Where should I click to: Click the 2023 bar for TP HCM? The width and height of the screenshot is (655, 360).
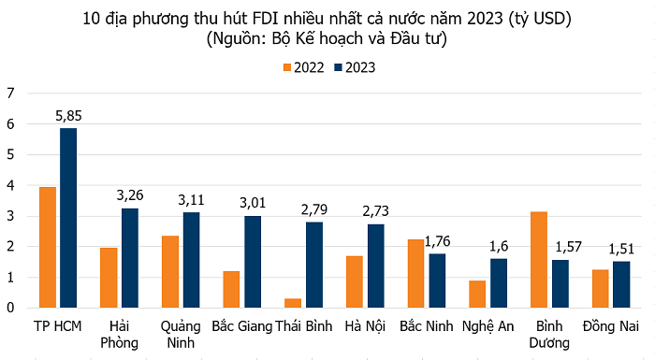pyautogui.click(x=68, y=218)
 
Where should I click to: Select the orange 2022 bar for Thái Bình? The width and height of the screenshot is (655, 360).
pyautogui.click(x=294, y=303)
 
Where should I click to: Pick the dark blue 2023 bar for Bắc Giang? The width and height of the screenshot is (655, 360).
pyautogui.click(x=253, y=262)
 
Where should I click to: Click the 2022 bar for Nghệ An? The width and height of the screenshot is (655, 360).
pyautogui.click(x=476, y=294)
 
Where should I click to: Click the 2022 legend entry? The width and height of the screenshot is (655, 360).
pyautogui.click(x=305, y=66)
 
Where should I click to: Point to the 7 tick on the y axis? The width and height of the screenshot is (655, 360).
pyautogui.click(x=10, y=93)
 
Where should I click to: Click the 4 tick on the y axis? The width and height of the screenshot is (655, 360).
pyautogui.click(x=10, y=185)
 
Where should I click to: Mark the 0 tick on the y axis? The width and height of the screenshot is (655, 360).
pyautogui.click(x=10, y=308)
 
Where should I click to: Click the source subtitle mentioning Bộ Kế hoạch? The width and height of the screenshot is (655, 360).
pyautogui.click(x=327, y=39)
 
